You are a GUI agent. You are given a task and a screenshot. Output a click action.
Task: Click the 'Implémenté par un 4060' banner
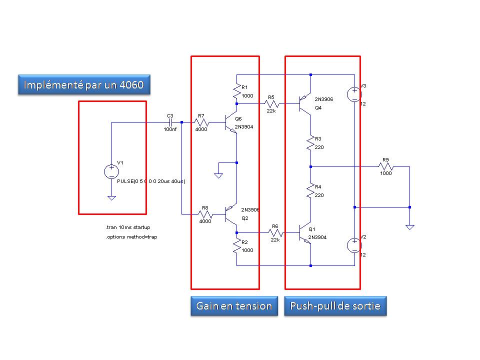coord(84,84)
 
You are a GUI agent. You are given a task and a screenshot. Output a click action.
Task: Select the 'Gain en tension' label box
coord(234,306)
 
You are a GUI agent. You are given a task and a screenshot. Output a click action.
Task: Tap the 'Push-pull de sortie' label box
coord(335,306)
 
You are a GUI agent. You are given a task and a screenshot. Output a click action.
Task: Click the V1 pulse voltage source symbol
coord(111,171)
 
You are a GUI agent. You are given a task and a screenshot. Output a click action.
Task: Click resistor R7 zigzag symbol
coord(201,122)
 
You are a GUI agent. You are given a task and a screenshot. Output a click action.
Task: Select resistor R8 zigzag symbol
coord(205,214)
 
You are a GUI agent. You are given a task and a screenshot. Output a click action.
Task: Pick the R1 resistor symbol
coord(236,91)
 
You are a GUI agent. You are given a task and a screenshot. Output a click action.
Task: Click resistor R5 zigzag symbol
coord(272,104)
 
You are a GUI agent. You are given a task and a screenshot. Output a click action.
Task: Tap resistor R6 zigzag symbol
coord(276,233)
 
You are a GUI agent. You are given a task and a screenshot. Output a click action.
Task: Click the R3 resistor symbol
coord(310,143)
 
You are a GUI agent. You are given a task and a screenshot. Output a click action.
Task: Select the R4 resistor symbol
coord(310,191)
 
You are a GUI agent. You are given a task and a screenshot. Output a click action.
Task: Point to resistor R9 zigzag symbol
coord(385,167)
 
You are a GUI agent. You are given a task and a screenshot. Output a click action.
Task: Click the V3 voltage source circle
coord(354,94)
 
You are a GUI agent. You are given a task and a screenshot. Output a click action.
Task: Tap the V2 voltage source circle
coord(354,245)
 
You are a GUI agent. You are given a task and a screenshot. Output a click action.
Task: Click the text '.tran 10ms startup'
coord(128,227)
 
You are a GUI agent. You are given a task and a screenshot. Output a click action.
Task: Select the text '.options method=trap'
coord(131,237)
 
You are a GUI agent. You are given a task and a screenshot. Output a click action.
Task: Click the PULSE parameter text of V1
coord(151,181)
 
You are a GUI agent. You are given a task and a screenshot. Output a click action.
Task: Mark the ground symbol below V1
coord(111,198)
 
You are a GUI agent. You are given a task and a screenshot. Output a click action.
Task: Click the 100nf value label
coord(170,129)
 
